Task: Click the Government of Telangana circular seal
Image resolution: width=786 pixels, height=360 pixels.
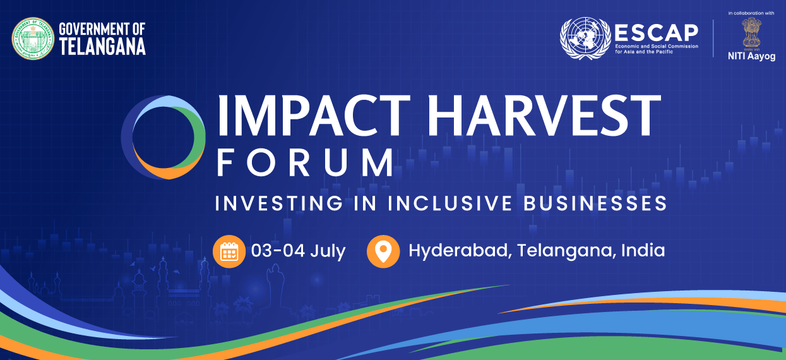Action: pyautogui.click(x=33, y=39)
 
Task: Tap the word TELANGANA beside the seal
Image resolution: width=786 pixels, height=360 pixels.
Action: pyautogui.click(x=102, y=47)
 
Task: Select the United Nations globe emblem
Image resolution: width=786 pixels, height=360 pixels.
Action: pyautogui.click(x=585, y=38)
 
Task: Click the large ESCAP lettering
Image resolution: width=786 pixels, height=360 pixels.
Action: pyautogui.click(x=657, y=33)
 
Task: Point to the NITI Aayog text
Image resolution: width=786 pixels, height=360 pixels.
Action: pyautogui.click(x=752, y=56)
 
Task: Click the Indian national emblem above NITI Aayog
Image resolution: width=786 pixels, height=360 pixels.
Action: pyautogui.click(x=751, y=34)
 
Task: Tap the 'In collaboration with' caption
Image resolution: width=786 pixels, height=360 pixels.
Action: pyautogui.click(x=751, y=13)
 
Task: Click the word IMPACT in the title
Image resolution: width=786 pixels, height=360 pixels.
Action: pyautogui.click(x=314, y=116)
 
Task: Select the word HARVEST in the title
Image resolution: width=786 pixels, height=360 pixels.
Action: pyautogui.click(x=544, y=116)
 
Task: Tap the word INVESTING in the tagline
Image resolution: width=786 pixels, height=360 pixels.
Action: pyautogui.click(x=279, y=203)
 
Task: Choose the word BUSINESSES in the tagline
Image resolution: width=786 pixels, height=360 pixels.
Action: pyautogui.click(x=595, y=203)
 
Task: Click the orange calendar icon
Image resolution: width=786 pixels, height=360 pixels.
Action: pyautogui.click(x=229, y=251)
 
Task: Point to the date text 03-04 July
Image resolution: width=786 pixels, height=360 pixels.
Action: pyautogui.click(x=298, y=251)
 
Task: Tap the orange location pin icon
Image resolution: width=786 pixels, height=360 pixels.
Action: pyautogui.click(x=383, y=251)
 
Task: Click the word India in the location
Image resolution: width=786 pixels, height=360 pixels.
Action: pyautogui.click(x=643, y=251)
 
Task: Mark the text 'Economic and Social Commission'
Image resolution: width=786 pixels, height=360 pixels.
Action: pyautogui.click(x=657, y=46)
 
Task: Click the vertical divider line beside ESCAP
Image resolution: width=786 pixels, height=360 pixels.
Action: pyautogui.click(x=713, y=39)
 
